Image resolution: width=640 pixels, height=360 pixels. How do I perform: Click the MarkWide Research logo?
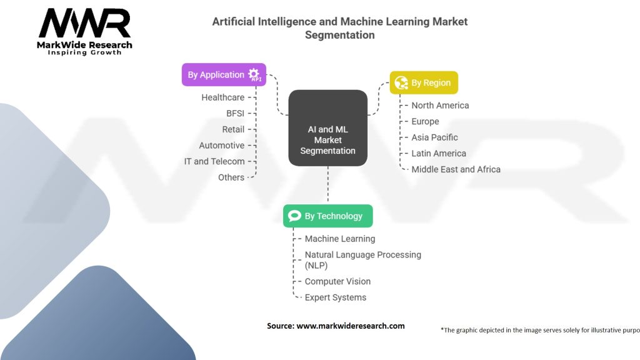[85, 31]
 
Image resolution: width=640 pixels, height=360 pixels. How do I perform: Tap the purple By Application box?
[224, 74]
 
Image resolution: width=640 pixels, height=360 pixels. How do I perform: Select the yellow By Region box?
[424, 83]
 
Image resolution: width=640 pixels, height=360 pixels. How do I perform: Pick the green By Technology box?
[327, 216]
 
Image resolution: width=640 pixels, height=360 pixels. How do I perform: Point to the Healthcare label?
[222, 97]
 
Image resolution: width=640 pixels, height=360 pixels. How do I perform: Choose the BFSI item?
[235, 113]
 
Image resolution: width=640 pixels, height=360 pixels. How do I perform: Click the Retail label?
[233, 129]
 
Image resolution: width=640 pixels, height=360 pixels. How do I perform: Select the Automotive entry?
[221, 145]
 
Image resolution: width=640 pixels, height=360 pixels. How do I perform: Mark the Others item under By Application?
[231, 177]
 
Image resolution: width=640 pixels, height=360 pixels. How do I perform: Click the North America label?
[440, 106]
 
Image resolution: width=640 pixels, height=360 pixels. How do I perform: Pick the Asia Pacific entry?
[434, 137]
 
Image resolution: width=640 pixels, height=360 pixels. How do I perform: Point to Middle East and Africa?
[456, 169]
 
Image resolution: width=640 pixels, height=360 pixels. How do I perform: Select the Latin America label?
[438, 153]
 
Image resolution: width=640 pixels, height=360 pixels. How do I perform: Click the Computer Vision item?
[337, 282]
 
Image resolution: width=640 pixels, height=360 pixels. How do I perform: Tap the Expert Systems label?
[335, 297]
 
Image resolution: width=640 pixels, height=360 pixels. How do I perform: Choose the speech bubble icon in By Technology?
[294, 216]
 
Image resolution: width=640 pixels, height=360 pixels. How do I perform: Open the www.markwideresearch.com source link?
[350, 326]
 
